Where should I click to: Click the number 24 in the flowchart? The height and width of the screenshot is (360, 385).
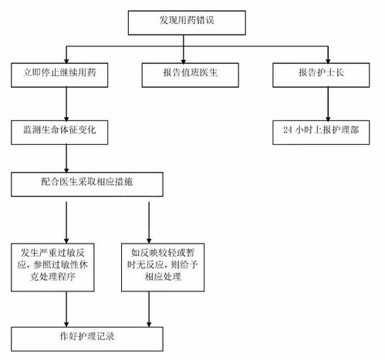(x=287, y=129)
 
